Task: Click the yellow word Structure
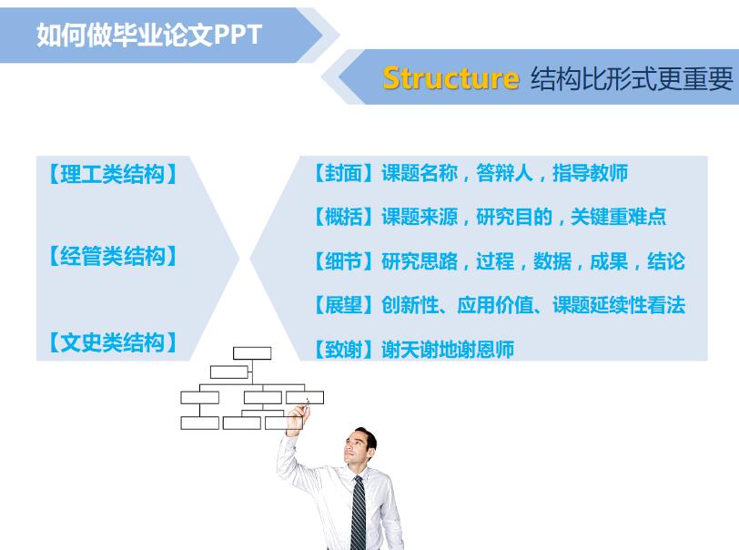coord(450,78)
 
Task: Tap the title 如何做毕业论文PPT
coord(149,35)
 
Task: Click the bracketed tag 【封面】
coord(342,173)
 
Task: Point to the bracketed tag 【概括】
coord(342,217)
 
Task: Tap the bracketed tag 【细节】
coord(342,261)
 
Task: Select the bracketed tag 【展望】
coord(342,305)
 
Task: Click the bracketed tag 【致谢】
coord(342,349)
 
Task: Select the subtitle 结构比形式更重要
coord(631,79)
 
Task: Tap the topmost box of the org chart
coord(251,353)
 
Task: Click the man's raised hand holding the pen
coord(297,418)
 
